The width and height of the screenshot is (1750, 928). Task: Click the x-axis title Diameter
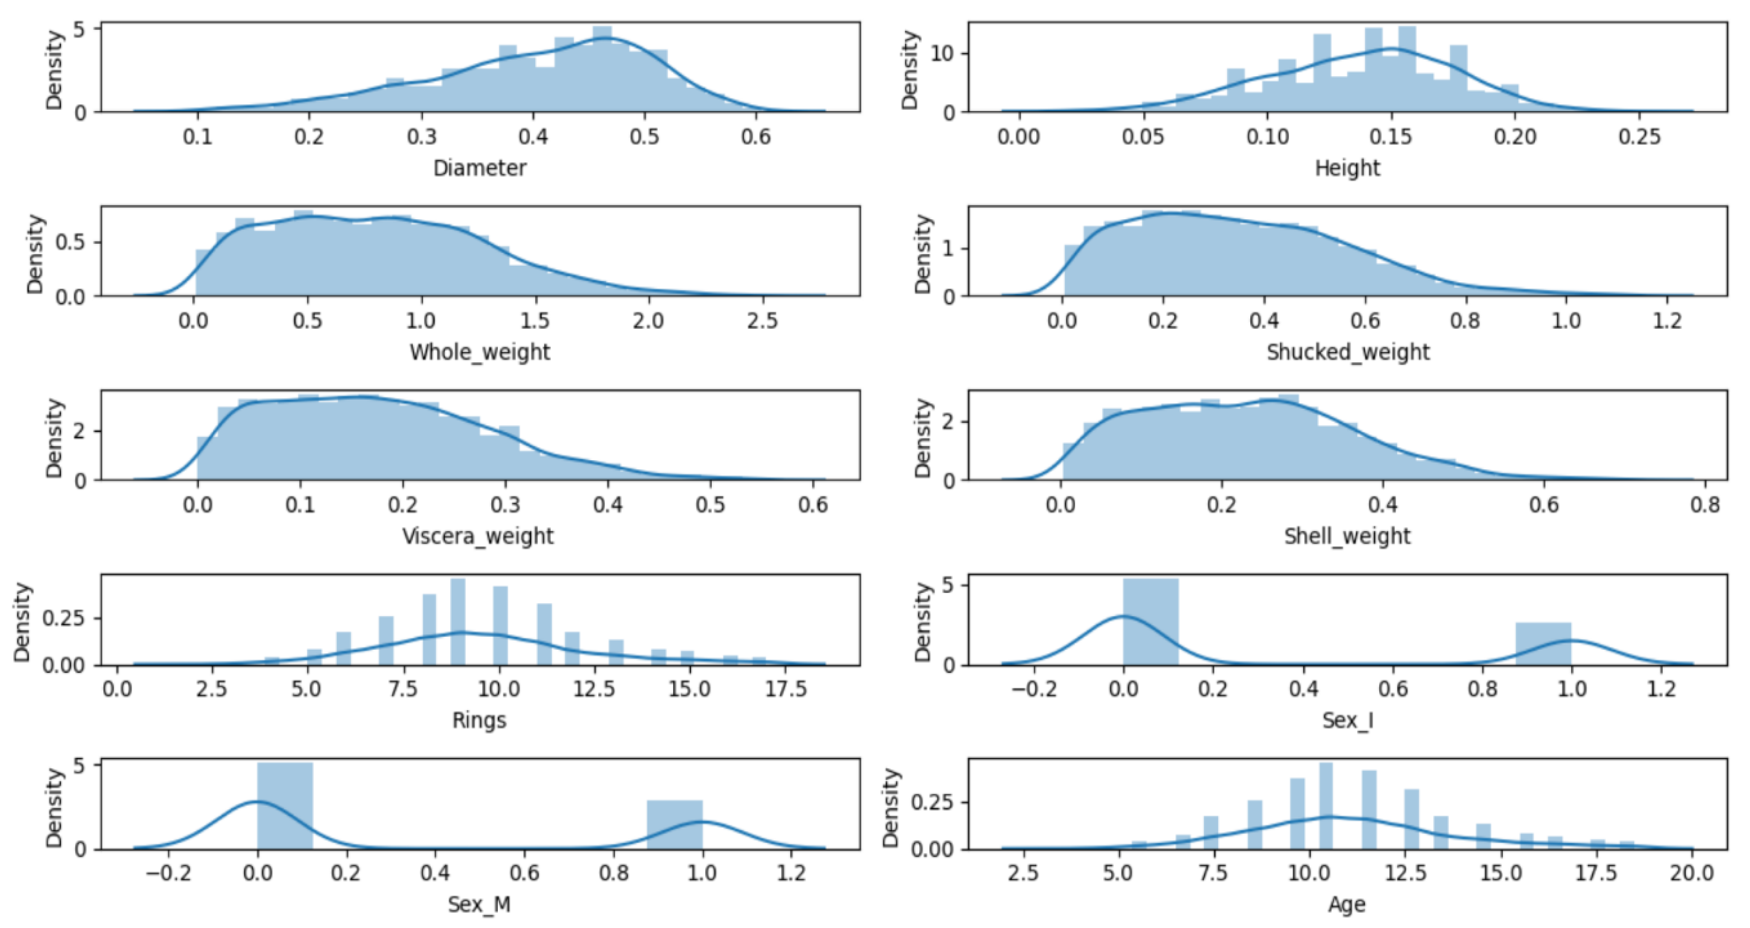pos(479,168)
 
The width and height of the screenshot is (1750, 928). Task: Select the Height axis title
pos(1347,168)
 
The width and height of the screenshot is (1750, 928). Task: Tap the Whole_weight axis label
pos(479,352)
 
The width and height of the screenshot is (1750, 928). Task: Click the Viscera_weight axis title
pos(478,536)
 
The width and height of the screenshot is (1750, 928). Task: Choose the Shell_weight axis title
pos(1347,536)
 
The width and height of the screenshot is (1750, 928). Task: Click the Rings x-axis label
pos(479,720)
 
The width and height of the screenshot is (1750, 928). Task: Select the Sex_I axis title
pos(1347,720)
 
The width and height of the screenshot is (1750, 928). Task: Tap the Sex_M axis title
pos(479,904)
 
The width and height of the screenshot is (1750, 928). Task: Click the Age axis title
pos(1347,904)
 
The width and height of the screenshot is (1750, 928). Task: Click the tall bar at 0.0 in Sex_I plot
pos(1150,622)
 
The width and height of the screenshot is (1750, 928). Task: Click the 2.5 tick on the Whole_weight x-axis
pos(762,321)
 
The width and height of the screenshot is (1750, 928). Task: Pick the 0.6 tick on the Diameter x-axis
pos(756,137)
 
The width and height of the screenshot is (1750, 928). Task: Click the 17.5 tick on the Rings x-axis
pos(785,689)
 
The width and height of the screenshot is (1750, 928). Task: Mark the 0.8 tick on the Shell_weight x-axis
pos(1705,505)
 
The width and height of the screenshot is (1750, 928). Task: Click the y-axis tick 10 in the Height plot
pos(942,54)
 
